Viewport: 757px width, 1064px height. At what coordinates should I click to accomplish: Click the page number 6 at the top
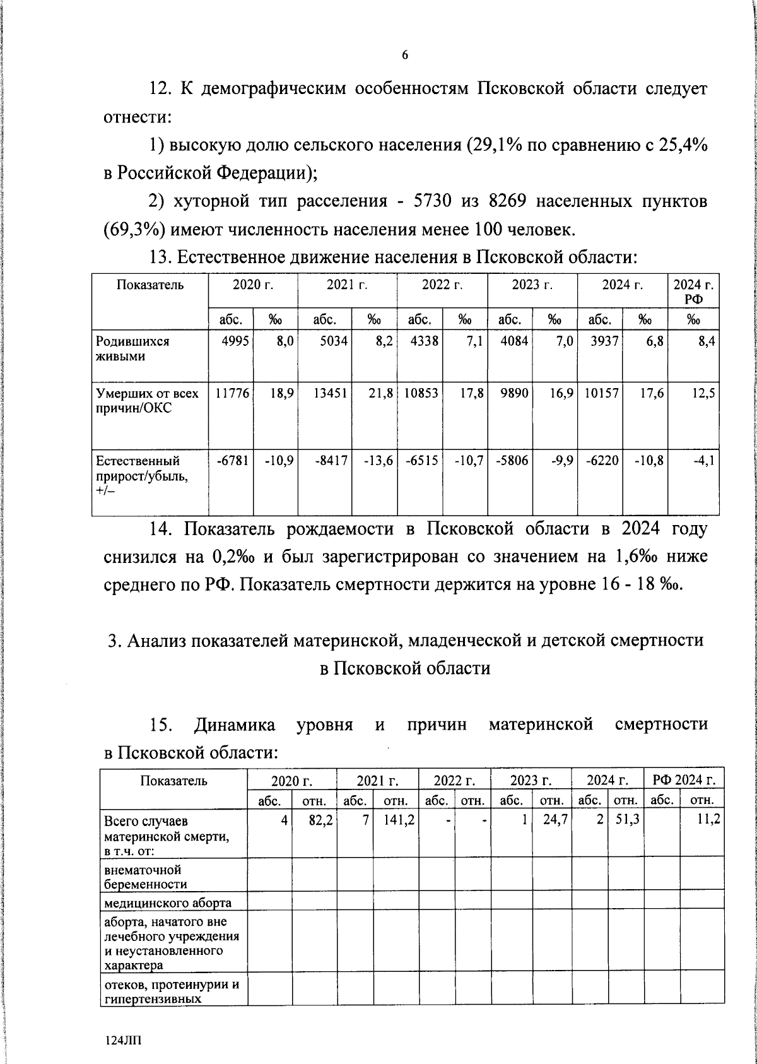tap(405, 55)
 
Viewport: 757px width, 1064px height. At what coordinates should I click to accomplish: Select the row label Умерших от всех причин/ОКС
tap(146, 401)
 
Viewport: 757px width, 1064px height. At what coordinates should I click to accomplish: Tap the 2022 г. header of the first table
tap(442, 285)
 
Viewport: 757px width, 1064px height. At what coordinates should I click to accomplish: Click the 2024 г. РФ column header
tap(693, 291)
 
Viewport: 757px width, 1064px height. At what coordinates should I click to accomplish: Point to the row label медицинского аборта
tap(167, 902)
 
